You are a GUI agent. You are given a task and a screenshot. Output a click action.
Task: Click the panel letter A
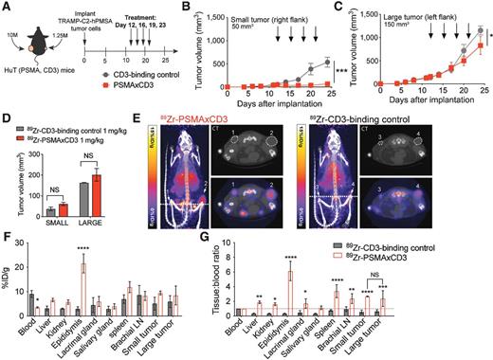(7, 7)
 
